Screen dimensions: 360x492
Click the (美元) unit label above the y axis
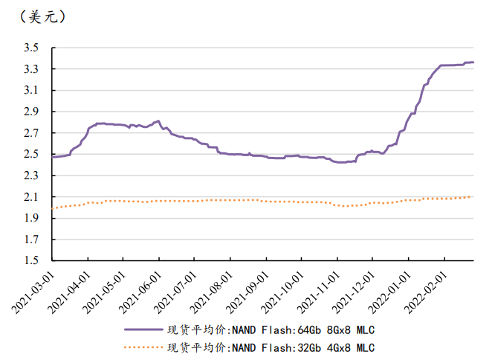pyautogui.click(x=39, y=16)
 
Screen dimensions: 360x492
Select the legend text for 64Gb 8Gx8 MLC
pyautogui.click(x=271, y=329)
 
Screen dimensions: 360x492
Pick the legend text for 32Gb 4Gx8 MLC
pyautogui.click(x=271, y=347)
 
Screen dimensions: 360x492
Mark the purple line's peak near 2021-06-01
pyautogui.click(x=158, y=120)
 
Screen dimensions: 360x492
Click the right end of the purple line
pyautogui.click(x=473, y=62)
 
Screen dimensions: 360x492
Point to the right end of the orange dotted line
pyautogui.click(x=471, y=196)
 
